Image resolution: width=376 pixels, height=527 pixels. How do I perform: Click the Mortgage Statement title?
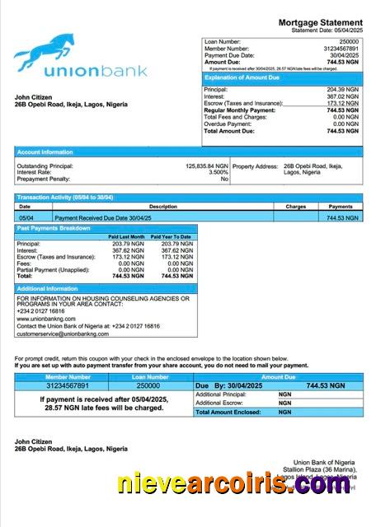click(320, 22)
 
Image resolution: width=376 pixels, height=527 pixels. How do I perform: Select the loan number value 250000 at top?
click(349, 41)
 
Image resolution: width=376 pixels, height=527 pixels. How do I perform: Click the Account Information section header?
click(45, 152)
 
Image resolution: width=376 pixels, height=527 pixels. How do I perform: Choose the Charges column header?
click(295, 207)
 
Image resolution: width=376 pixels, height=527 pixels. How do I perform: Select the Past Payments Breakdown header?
click(54, 227)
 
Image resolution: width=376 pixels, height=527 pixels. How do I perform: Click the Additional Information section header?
click(47, 289)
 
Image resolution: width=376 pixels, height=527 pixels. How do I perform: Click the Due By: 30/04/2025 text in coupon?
click(223, 385)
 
